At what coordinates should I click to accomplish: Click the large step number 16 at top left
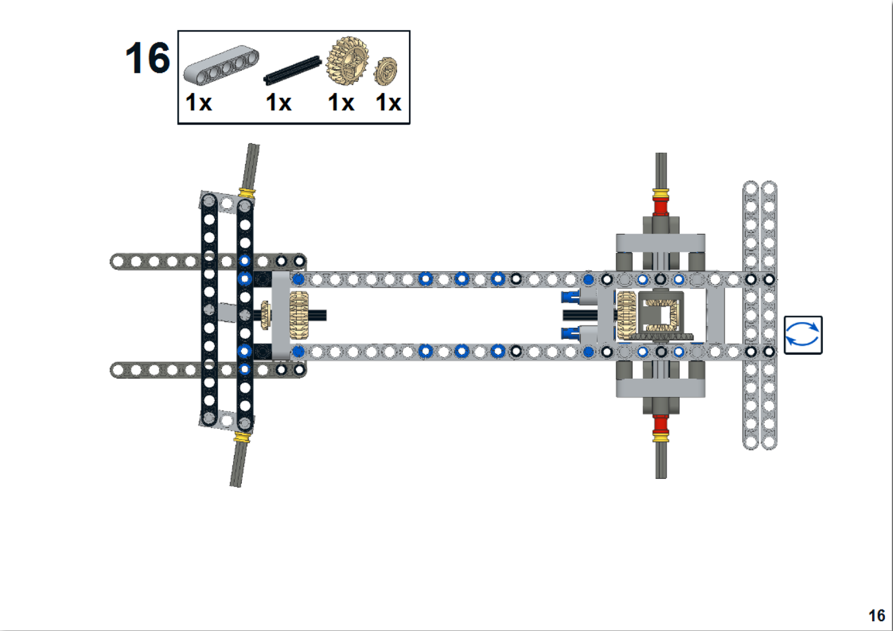[x=147, y=59]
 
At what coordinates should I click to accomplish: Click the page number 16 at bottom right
[x=876, y=615]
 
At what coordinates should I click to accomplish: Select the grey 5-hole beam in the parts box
[x=221, y=65]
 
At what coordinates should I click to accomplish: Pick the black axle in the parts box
[x=292, y=70]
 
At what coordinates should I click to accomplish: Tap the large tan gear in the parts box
[x=347, y=60]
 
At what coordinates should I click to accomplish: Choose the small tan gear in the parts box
[x=385, y=71]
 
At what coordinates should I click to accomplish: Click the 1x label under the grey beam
[x=199, y=103]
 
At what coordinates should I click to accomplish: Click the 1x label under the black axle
[x=278, y=103]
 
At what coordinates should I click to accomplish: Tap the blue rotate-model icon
[x=803, y=335]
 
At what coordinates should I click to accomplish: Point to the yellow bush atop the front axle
[x=247, y=193]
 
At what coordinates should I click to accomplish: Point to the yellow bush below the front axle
[x=242, y=437]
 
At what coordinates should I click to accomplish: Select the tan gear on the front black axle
[x=299, y=315]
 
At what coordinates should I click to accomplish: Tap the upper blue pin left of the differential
[x=570, y=297]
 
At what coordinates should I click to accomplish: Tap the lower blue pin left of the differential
[x=570, y=333]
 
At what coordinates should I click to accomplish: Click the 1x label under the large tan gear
[x=341, y=103]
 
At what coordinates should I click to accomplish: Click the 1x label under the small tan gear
[x=389, y=103]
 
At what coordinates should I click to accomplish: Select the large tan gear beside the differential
[x=627, y=315]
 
